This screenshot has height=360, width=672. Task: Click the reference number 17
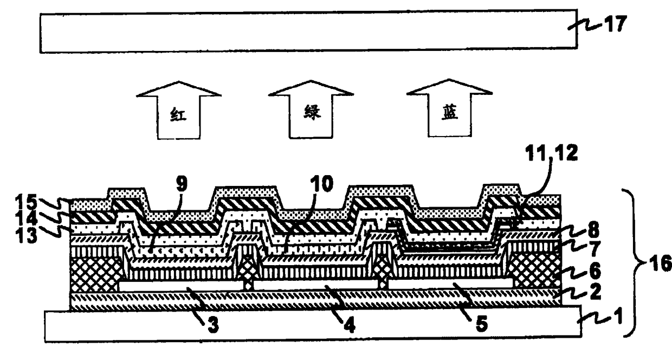point(616,24)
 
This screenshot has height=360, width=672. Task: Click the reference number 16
point(658,264)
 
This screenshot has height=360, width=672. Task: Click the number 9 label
point(181,183)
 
